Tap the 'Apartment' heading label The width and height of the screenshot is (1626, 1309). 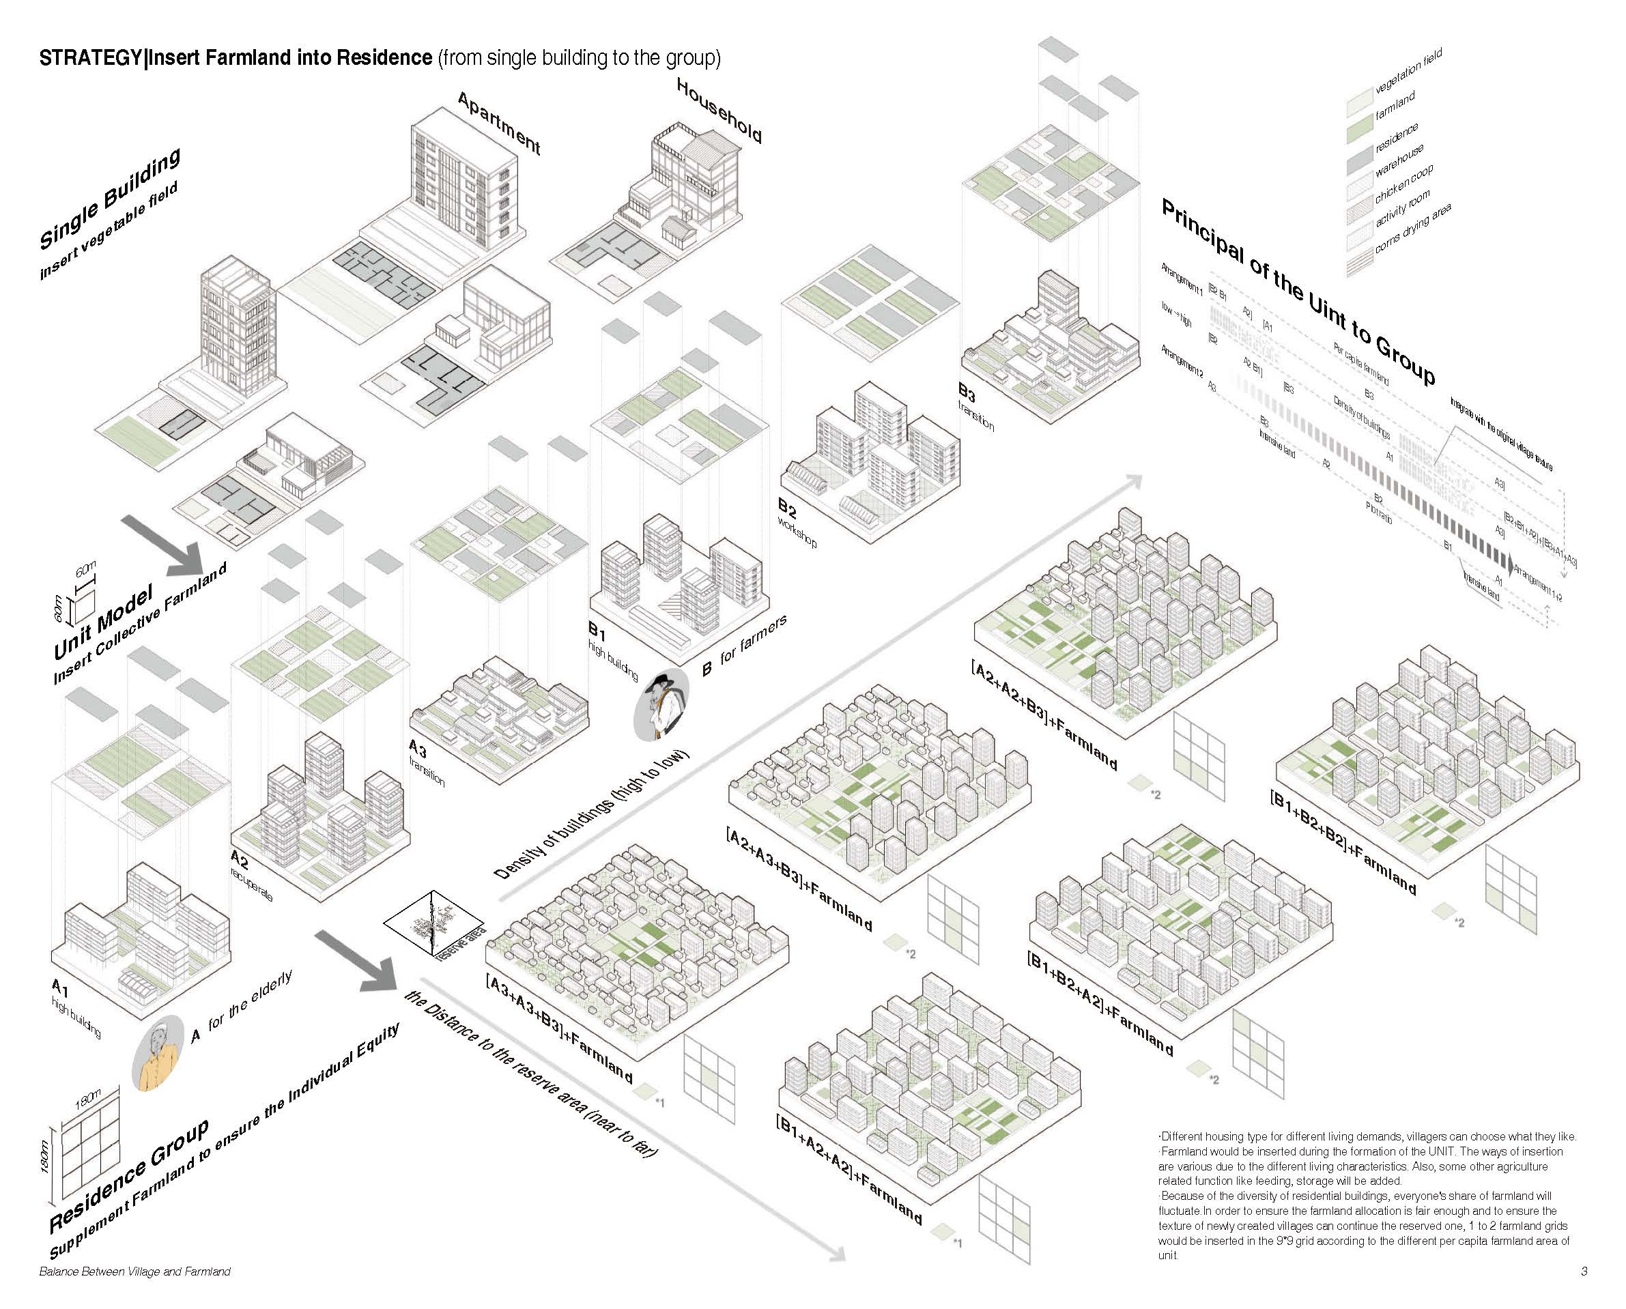point(499,123)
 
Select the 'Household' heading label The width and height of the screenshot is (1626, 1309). point(719,111)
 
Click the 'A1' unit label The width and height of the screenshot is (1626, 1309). point(59,987)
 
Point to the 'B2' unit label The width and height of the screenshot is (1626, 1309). point(786,506)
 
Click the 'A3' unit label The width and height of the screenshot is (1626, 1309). point(417,749)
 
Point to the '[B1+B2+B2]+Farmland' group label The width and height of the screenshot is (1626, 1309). point(1343,841)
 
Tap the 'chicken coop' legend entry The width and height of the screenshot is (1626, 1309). point(1403,185)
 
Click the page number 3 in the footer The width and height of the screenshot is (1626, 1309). point(1584,1271)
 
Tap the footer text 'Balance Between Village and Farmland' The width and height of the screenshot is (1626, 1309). point(134,1272)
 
